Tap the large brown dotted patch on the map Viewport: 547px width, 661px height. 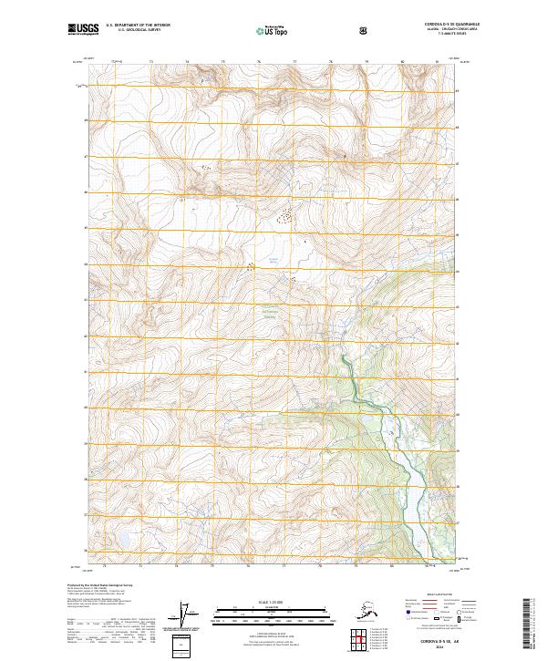pyautogui.click(x=285, y=216)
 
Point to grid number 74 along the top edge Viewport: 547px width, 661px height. pyautogui.click(x=187, y=62)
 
